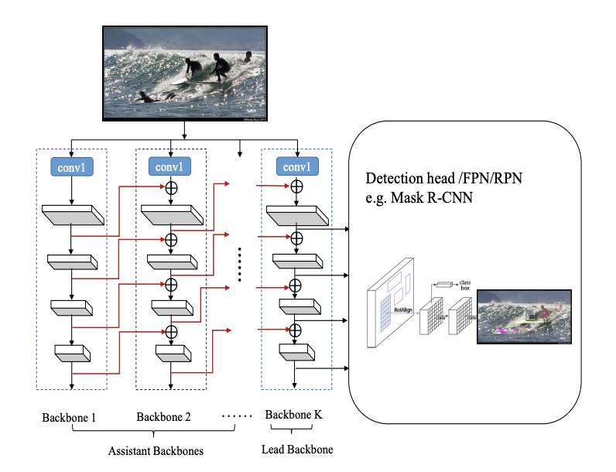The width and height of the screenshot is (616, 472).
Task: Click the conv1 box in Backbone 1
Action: click(x=71, y=167)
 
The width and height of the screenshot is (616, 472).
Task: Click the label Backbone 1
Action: click(x=70, y=418)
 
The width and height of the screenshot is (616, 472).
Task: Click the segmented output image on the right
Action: click(x=524, y=316)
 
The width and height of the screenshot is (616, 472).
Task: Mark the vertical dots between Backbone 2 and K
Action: click(x=240, y=264)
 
